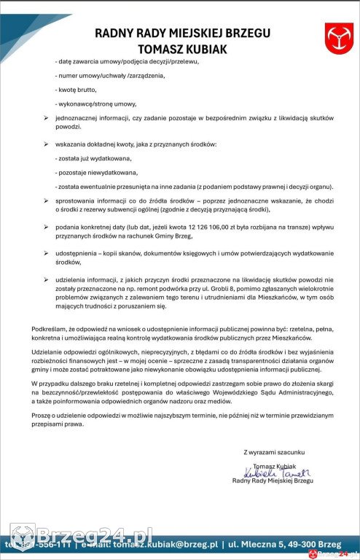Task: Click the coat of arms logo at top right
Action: tap(338, 34)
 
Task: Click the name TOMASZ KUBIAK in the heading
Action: tap(182, 47)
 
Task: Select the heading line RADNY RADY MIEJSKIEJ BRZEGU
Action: tap(182, 34)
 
